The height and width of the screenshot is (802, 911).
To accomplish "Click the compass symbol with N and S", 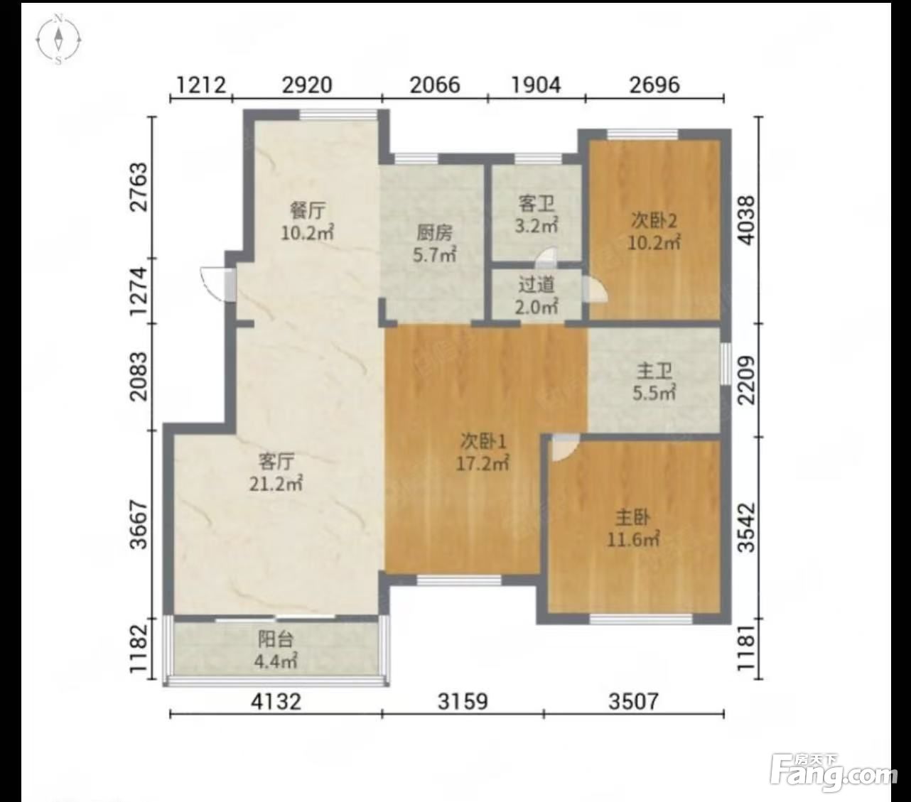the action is (58, 40).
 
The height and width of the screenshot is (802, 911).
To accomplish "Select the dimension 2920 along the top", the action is (307, 85).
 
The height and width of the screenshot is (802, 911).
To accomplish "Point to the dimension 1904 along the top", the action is (537, 85).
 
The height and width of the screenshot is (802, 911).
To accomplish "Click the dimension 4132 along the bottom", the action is (276, 701).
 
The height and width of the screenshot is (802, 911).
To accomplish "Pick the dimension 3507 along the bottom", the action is (634, 701).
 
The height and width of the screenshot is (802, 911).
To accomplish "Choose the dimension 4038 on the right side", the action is (747, 220).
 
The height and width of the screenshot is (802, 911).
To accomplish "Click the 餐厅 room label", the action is (308, 210).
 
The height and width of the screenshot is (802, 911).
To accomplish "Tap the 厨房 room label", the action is (434, 233).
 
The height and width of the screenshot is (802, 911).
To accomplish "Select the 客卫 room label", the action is (537, 204).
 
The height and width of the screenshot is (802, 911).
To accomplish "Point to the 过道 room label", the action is (537, 285).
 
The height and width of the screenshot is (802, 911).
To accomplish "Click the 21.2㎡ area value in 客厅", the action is (276, 484).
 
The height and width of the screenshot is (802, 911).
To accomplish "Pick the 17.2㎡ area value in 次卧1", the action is (483, 463).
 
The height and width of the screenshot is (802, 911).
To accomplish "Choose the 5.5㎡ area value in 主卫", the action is (654, 393).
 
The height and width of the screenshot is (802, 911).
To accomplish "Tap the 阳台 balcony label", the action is (276, 639).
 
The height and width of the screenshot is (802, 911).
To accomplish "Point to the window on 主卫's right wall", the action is (726, 364).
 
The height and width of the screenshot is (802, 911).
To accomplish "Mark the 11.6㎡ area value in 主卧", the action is (634, 538).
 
